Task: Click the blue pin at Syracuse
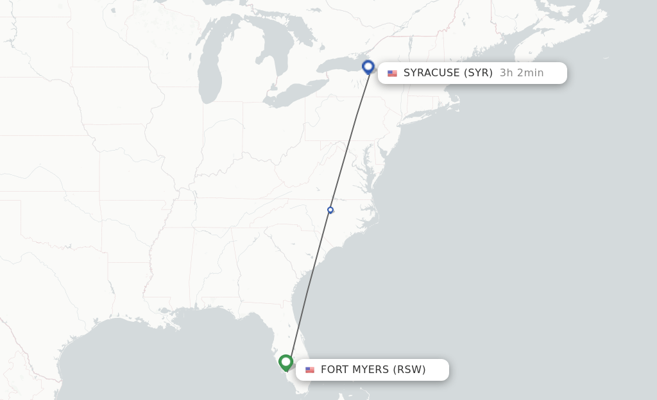point(368,66)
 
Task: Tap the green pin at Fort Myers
point(286,362)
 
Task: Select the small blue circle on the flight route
point(330,210)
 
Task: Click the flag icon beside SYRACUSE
point(392,73)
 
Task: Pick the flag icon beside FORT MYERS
point(310,370)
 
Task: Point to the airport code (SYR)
point(477,73)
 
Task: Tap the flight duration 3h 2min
point(522,73)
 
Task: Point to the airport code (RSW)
point(409,370)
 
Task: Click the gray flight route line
point(350,138)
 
